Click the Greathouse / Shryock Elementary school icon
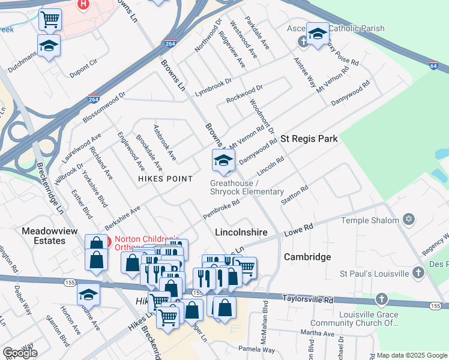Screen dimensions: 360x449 223,160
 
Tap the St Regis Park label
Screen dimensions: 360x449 309,139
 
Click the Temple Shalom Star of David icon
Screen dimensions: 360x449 409,220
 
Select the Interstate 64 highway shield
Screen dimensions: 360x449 433,65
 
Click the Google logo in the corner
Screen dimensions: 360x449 20,352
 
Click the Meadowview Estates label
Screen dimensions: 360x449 43,236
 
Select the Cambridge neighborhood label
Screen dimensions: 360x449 307,257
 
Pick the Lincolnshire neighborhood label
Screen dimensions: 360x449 241,231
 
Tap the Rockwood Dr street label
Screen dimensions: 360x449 244,94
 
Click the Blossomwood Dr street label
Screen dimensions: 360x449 104,107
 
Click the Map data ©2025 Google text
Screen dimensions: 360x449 410,355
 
